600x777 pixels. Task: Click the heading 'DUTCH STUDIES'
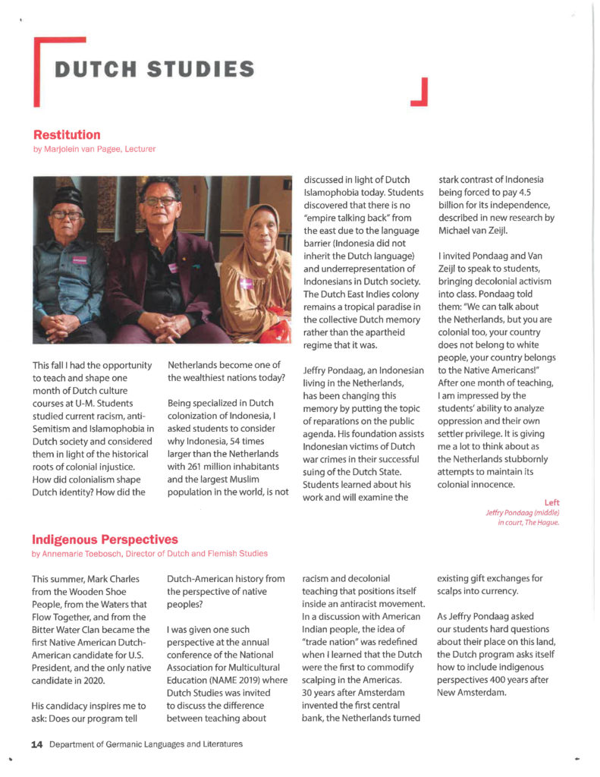(154, 69)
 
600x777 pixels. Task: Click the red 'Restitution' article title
(67, 135)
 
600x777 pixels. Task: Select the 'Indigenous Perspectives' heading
(105, 539)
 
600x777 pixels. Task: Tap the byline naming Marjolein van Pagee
(95, 149)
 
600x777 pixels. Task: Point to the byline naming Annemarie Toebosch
(149, 554)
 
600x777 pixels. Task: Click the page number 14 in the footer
(36, 744)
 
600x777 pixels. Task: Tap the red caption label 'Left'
(551, 502)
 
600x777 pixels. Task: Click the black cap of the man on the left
(67, 195)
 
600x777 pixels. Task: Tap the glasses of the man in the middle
(160, 200)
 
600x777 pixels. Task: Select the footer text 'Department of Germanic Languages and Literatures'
(146, 744)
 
